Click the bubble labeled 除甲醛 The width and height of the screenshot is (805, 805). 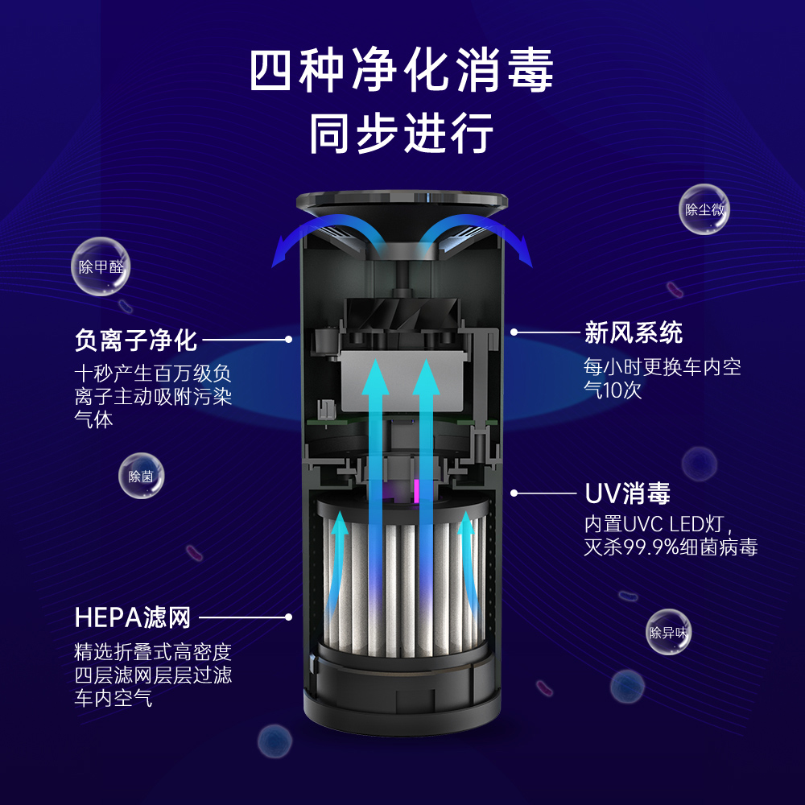click(x=101, y=266)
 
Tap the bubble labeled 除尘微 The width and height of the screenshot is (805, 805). click(x=704, y=209)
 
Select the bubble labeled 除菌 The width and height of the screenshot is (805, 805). click(x=141, y=476)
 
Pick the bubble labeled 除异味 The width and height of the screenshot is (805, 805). click(x=668, y=632)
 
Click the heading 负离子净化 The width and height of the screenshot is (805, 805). click(x=135, y=340)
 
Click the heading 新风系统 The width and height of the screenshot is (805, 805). click(x=634, y=332)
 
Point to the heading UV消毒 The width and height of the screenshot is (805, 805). click(x=627, y=493)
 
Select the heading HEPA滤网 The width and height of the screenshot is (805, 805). click(x=133, y=617)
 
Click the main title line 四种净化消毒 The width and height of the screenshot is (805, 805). click(x=402, y=70)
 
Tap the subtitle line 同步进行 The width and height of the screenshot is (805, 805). click(x=402, y=133)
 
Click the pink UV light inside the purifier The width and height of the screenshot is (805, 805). click(x=416, y=491)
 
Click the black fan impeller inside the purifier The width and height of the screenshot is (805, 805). click(x=402, y=314)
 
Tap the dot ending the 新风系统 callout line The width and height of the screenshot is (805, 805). click(x=514, y=332)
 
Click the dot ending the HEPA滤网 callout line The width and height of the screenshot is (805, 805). click(x=288, y=617)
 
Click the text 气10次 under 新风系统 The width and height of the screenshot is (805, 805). click(x=613, y=390)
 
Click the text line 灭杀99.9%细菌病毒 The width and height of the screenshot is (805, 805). click(x=671, y=547)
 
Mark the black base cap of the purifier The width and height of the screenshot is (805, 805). click(x=402, y=698)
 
